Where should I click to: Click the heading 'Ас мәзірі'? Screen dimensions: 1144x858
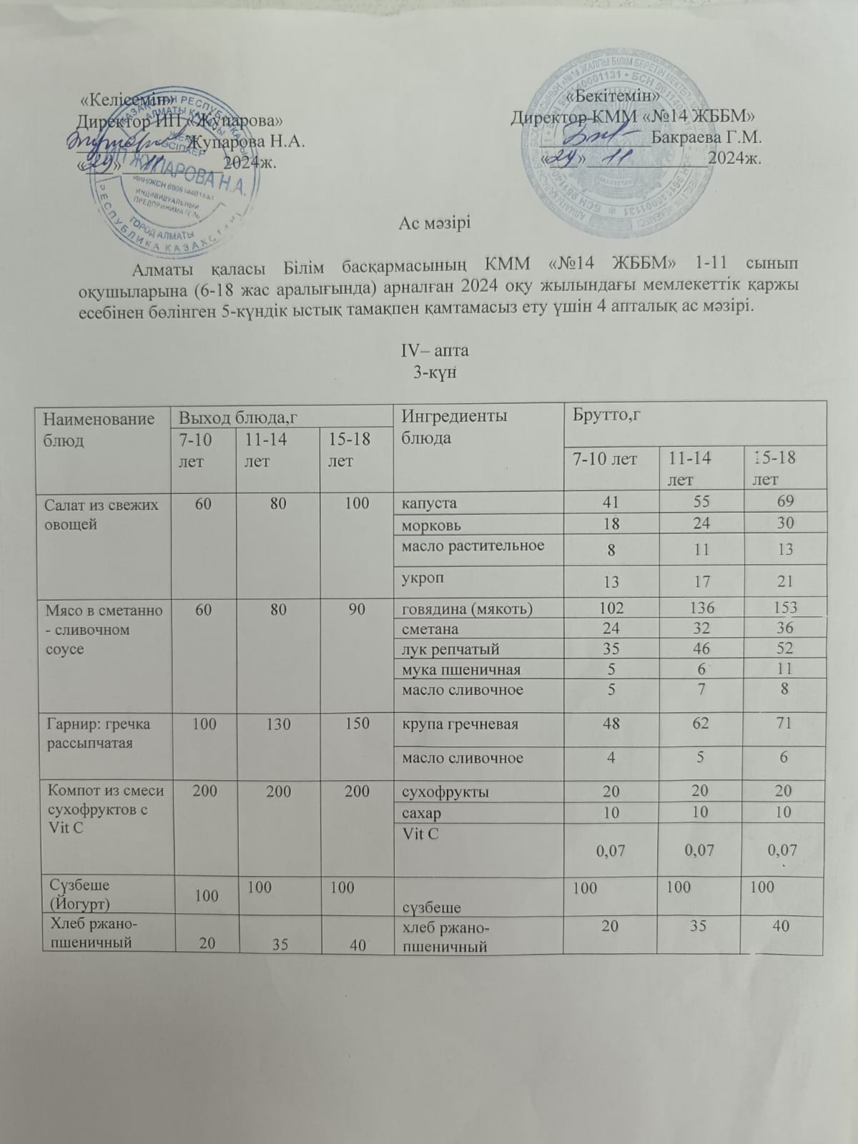(x=435, y=223)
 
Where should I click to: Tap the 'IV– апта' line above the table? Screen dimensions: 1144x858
(x=434, y=352)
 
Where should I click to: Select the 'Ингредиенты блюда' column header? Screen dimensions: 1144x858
(x=455, y=426)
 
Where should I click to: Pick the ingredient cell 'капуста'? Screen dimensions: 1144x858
(x=429, y=503)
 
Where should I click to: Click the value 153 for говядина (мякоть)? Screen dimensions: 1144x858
(x=784, y=608)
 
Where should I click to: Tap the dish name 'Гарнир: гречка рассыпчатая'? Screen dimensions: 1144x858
(x=99, y=733)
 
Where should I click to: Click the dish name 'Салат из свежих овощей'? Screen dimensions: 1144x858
(x=102, y=514)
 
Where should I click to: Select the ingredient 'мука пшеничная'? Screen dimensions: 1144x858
(x=461, y=670)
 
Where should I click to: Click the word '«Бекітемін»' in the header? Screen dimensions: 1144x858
(x=612, y=96)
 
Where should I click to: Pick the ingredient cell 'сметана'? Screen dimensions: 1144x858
(x=430, y=629)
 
